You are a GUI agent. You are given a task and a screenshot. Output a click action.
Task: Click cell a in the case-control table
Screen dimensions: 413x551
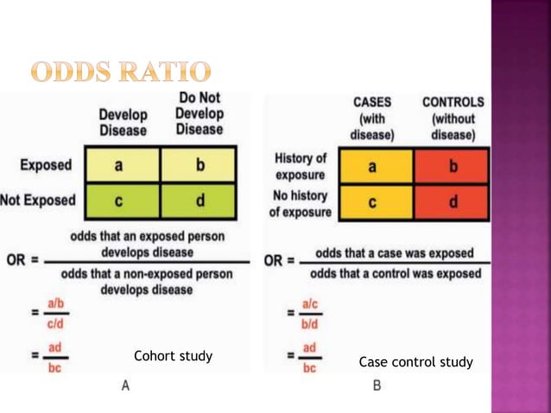coord(371,167)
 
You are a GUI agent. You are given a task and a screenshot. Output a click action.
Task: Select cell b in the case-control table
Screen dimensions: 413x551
coord(452,167)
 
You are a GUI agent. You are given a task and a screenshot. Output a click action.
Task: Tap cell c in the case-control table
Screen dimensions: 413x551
coord(371,204)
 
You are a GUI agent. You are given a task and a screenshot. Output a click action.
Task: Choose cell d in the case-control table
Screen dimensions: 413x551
coord(452,204)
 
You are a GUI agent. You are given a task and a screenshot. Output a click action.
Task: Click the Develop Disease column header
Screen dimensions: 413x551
coord(123,122)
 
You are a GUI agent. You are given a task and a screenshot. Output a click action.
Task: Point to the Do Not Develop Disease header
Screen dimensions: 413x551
coord(199,113)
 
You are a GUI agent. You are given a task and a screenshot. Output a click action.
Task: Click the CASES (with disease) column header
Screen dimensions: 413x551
coord(371,118)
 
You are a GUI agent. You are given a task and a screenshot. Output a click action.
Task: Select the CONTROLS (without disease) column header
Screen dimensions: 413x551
coord(453,118)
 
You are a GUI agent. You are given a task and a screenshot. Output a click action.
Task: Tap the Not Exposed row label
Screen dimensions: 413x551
coord(37,200)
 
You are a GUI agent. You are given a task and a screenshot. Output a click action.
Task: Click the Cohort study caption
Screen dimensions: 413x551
coord(173,356)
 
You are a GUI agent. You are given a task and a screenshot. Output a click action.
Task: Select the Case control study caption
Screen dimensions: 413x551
coord(415,362)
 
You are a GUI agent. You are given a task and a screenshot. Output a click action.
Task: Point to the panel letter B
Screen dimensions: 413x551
coord(377,385)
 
